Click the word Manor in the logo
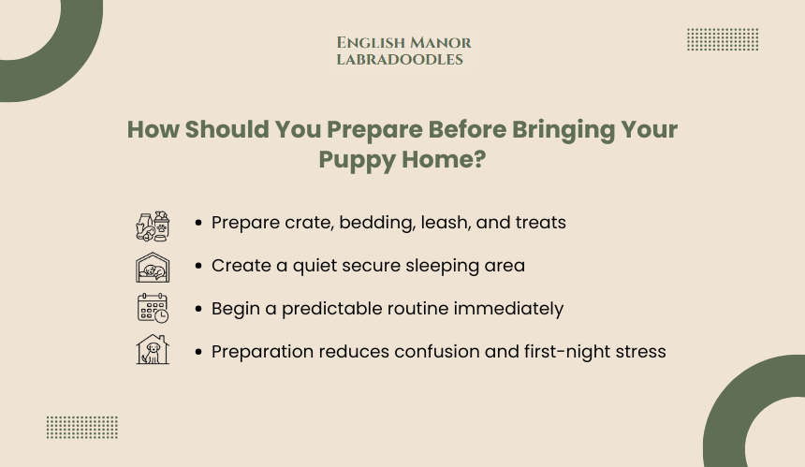click(x=441, y=43)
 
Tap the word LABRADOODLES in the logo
click(x=400, y=60)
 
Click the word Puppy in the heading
click(x=357, y=160)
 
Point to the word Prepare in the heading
click(x=374, y=130)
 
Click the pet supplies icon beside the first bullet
click(x=153, y=226)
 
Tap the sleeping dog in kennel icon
click(x=153, y=268)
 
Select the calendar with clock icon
click(x=153, y=308)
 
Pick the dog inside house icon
click(x=153, y=349)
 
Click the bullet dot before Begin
click(x=198, y=309)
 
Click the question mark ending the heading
click(x=478, y=158)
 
